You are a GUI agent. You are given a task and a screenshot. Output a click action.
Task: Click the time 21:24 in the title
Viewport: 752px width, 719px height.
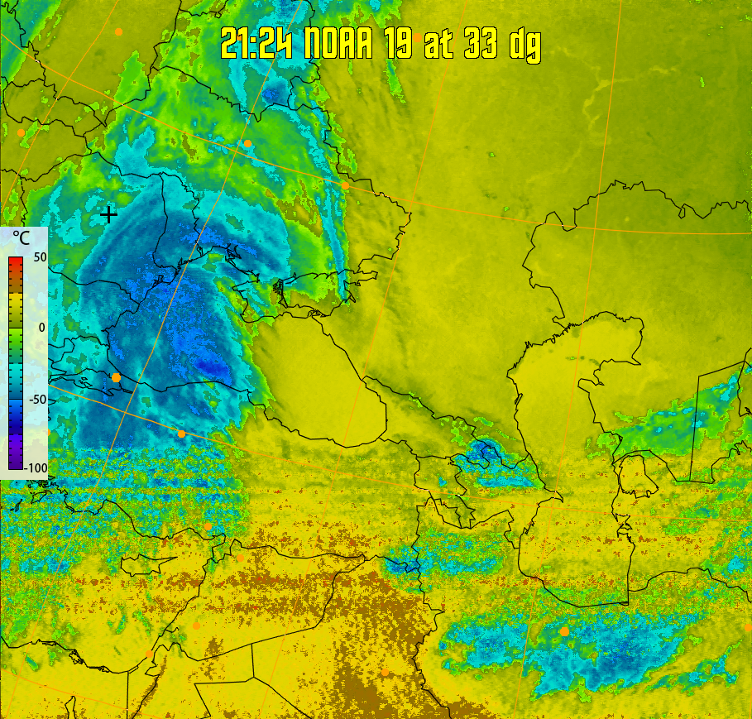tap(257, 43)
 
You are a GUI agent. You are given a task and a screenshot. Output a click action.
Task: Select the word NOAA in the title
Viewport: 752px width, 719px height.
tap(341, 43)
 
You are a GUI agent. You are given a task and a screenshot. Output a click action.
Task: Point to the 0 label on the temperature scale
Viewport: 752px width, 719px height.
tap(41, 328)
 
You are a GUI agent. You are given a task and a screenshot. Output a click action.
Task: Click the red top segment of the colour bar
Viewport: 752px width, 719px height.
tap(15, 264)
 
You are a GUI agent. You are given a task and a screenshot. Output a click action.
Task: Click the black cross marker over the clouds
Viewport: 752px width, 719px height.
tap(108, 214)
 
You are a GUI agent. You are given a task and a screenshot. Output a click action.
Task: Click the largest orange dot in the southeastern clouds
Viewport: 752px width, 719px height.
tap(564, 631)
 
